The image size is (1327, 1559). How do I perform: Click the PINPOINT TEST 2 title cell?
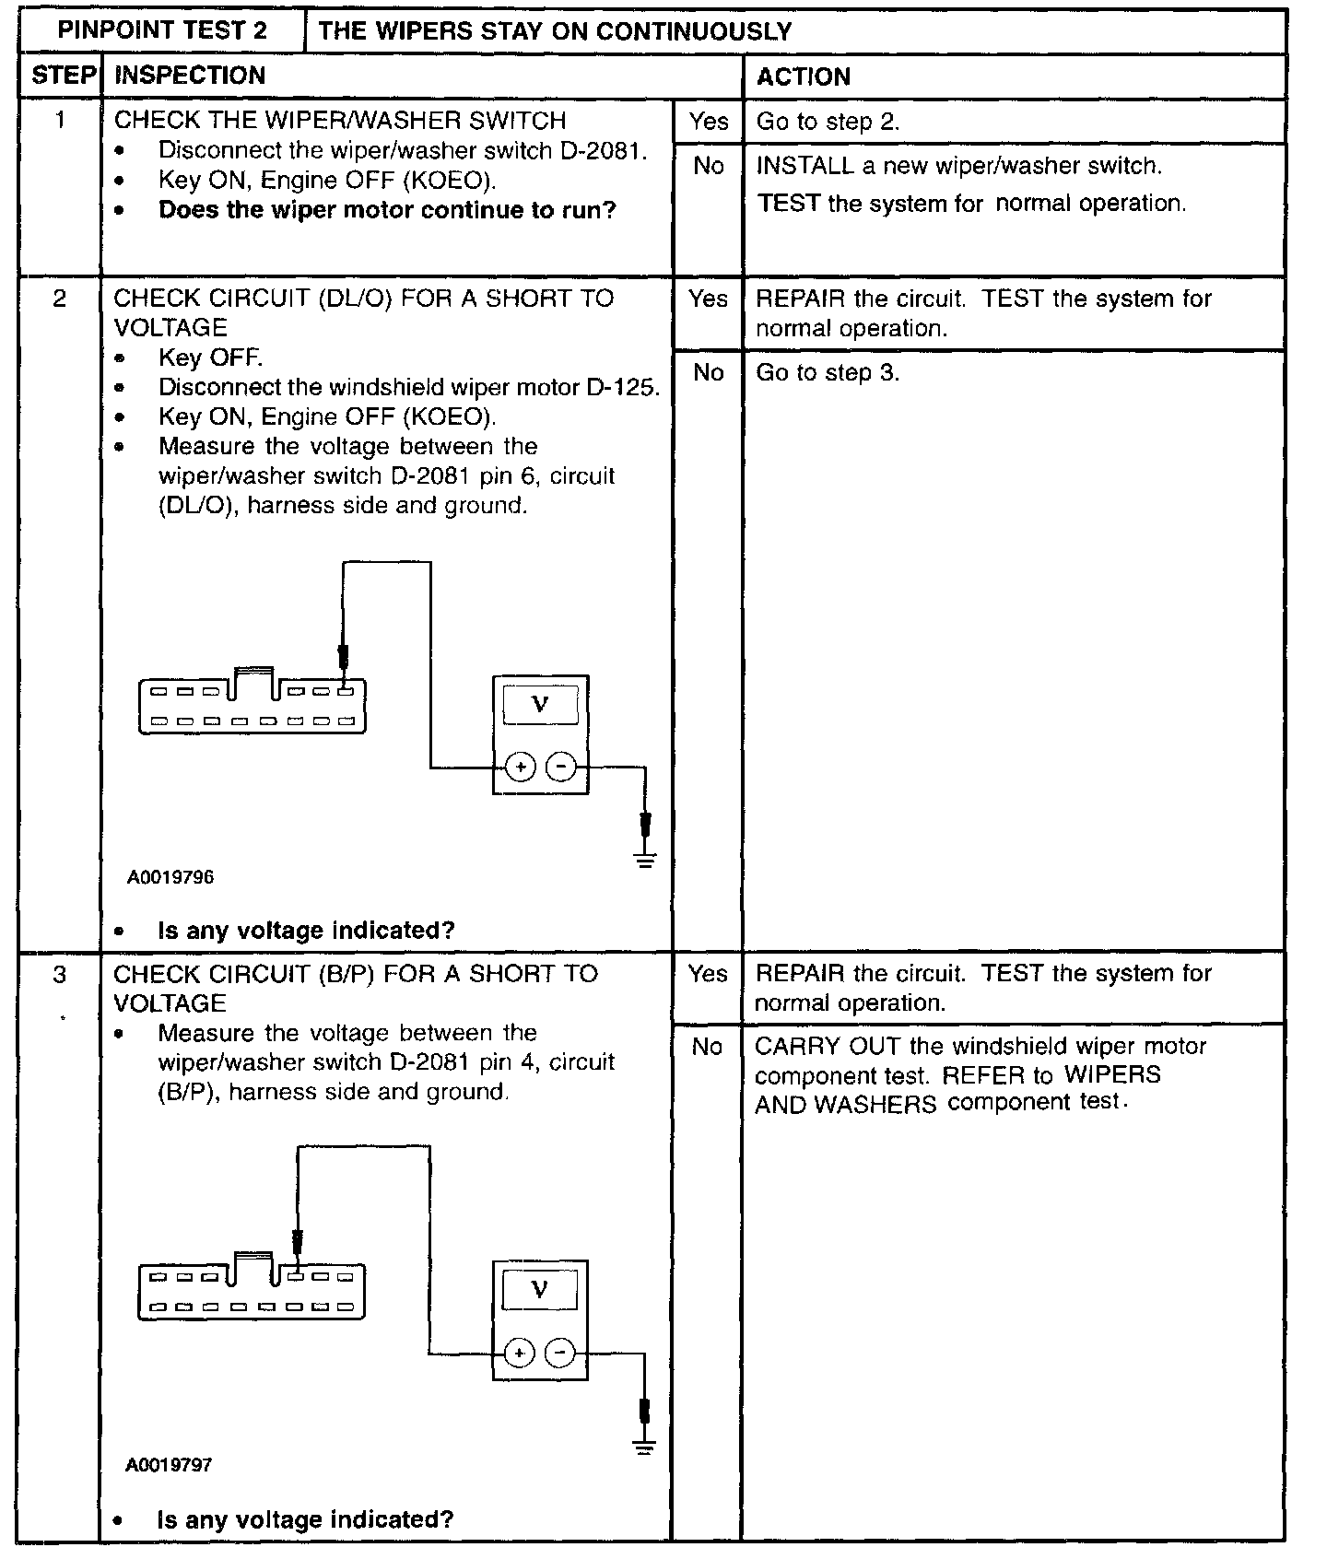tap(162, 30)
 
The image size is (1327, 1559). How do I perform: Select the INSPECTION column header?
tap(189, 76)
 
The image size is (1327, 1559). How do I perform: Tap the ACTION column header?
tap(803, 76)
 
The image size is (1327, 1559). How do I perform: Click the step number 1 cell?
tap(60, 121)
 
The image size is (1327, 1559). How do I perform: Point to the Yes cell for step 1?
tap(708, 122)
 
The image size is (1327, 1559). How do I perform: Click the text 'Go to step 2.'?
tap(828, 122)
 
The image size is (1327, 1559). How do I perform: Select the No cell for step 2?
tap(708, 372)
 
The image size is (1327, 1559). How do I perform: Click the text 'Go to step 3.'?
tap(828, 372)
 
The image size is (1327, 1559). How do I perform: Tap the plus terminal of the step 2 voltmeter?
tap(521, 767)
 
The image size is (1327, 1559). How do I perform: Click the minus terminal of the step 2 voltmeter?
tap(561, 767)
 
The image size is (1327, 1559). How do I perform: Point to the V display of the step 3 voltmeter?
tap(540, 1290)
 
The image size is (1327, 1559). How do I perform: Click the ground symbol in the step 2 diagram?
tap(646, 861)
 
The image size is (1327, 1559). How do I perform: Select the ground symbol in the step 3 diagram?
tap(644, 1447)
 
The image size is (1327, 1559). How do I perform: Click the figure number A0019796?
tap(170, 877)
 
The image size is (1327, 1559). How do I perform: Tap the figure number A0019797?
tap(170, 1465)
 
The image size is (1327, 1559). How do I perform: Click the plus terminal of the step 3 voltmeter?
tap(520, 1353)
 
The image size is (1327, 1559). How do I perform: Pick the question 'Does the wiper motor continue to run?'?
tap(387, 210)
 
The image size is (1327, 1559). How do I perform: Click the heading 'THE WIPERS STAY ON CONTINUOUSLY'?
tap(555, 31)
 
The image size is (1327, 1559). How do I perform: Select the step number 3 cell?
tap(60, 974)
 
